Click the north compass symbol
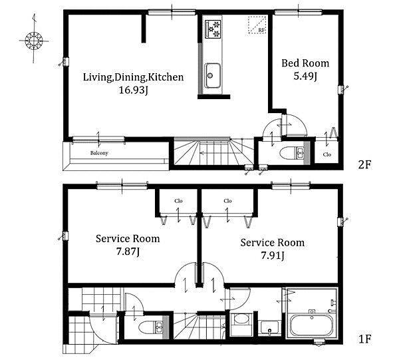(34, 41)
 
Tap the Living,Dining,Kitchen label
(134, 77)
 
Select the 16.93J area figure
(134, 90)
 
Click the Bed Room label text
(305, 63)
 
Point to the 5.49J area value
(305, 76)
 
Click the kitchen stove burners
(213, 29)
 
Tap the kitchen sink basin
(213, 75)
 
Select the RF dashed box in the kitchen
(257, 25)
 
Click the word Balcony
(99, 153)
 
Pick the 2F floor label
(364, 165)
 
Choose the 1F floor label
(364, 339)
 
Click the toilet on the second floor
(292, 153)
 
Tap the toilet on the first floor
(151, 327)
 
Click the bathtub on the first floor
(311, 326)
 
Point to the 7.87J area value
(128, 252)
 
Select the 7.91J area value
(273, 256)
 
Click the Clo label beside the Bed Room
(327, 154)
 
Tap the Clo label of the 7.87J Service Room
(178, 201)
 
